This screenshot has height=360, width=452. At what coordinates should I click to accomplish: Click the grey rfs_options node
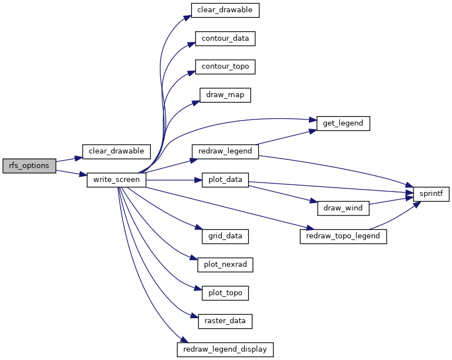(30, 166)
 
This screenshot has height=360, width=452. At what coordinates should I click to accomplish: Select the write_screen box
(116, 180)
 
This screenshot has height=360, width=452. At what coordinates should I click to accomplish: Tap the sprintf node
(431, 194)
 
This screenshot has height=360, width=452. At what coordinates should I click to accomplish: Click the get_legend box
(343, 123)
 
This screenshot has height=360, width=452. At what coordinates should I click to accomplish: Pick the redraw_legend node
(225, 151)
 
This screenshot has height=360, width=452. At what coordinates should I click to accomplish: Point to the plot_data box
(225, 180)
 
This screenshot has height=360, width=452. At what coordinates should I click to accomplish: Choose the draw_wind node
(343, 208)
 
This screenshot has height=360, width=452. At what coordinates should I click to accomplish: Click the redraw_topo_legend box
(343, 237)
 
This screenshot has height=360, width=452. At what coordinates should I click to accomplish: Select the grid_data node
(225, 237)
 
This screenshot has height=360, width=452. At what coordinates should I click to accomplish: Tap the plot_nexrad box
(225, 265)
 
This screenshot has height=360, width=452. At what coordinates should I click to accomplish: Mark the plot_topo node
(225, 293)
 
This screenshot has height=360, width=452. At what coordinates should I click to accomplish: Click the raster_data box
(225, 321)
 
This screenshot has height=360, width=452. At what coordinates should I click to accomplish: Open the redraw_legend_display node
(225, 349)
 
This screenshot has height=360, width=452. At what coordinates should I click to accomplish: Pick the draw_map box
(225, 95)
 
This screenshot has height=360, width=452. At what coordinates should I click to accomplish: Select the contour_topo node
(225, 67)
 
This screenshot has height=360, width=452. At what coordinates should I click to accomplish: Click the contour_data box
(225, 39)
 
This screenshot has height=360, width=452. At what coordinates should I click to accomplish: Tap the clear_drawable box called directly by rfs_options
(116, 151)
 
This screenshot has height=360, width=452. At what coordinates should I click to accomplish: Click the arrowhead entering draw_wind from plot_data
(313, 201)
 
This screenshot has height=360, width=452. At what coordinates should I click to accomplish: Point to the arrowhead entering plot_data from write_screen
(198, 180)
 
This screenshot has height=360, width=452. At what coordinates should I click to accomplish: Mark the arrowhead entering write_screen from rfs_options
(83, 175)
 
